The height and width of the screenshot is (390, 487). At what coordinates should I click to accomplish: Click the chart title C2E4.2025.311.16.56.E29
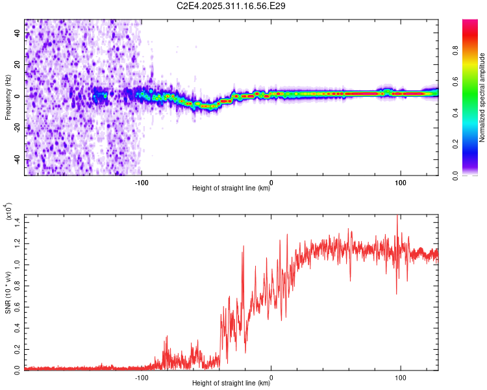(x=231, y=6)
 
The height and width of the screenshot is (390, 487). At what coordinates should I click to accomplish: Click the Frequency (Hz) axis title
(x=8, y=97)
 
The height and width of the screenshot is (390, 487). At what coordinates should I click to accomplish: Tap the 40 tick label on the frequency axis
(x=17, y=32)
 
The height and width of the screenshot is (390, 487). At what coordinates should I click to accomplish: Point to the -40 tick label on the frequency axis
(x=17, y=160)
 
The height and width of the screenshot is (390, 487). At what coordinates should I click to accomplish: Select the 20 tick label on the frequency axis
(x=17, y=65)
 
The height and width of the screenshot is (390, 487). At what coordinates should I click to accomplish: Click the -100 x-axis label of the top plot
(x=142, y=183)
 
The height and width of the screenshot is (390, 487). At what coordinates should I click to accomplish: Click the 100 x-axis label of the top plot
(x=401, y=183)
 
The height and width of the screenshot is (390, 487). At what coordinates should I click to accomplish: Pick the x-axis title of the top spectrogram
(x=231, y=188)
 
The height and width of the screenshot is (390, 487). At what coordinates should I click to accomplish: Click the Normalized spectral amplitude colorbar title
(x=482, y=97)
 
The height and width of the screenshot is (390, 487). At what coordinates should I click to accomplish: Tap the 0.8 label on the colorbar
(x=455, y=50)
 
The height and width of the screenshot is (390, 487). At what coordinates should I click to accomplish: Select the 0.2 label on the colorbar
(x=455, y=144)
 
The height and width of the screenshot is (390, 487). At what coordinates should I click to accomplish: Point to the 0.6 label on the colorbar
(x=455, y=81)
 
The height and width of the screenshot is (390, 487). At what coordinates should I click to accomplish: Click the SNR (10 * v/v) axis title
(x=8, y=292)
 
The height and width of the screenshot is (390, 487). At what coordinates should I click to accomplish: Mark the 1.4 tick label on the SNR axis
(x=17, y=222)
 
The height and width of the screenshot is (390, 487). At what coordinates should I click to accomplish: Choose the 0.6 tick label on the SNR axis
(x=17, y=307)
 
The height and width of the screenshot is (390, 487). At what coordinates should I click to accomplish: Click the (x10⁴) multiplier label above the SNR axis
(x=8, y=211)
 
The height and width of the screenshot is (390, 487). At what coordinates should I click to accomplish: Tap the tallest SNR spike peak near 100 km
(x=397, y=215)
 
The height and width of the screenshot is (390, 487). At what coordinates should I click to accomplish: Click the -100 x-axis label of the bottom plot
(x=142, y=378)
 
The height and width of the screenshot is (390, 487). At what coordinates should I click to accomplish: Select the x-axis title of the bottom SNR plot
(x=231, y=383)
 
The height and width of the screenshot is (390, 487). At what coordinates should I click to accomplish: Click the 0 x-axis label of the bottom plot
(x=271, y=378)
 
